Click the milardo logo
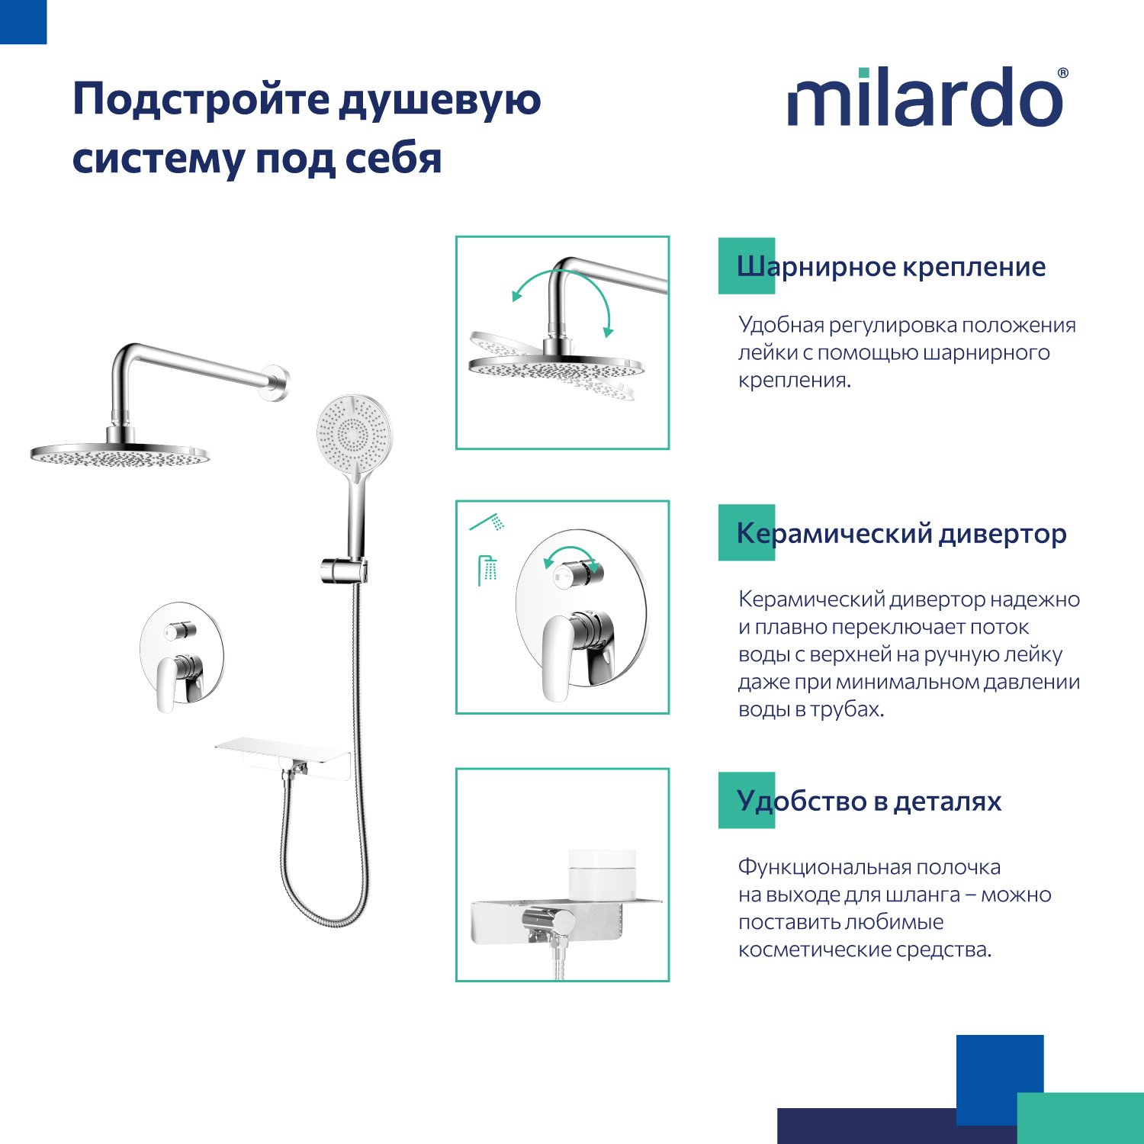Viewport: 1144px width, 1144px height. (927, 97)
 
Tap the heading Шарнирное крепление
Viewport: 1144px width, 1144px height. (891, 266)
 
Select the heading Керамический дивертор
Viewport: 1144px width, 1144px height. (901, 533)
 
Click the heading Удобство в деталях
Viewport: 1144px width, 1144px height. (869, 801)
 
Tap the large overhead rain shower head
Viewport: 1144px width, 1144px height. (119, 455)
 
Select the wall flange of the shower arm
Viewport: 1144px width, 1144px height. (278, 384)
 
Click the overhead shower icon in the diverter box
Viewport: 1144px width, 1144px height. (487, 570)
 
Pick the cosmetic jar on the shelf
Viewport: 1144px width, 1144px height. (603, 874)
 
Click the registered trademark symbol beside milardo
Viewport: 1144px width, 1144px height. (1062, 73)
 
